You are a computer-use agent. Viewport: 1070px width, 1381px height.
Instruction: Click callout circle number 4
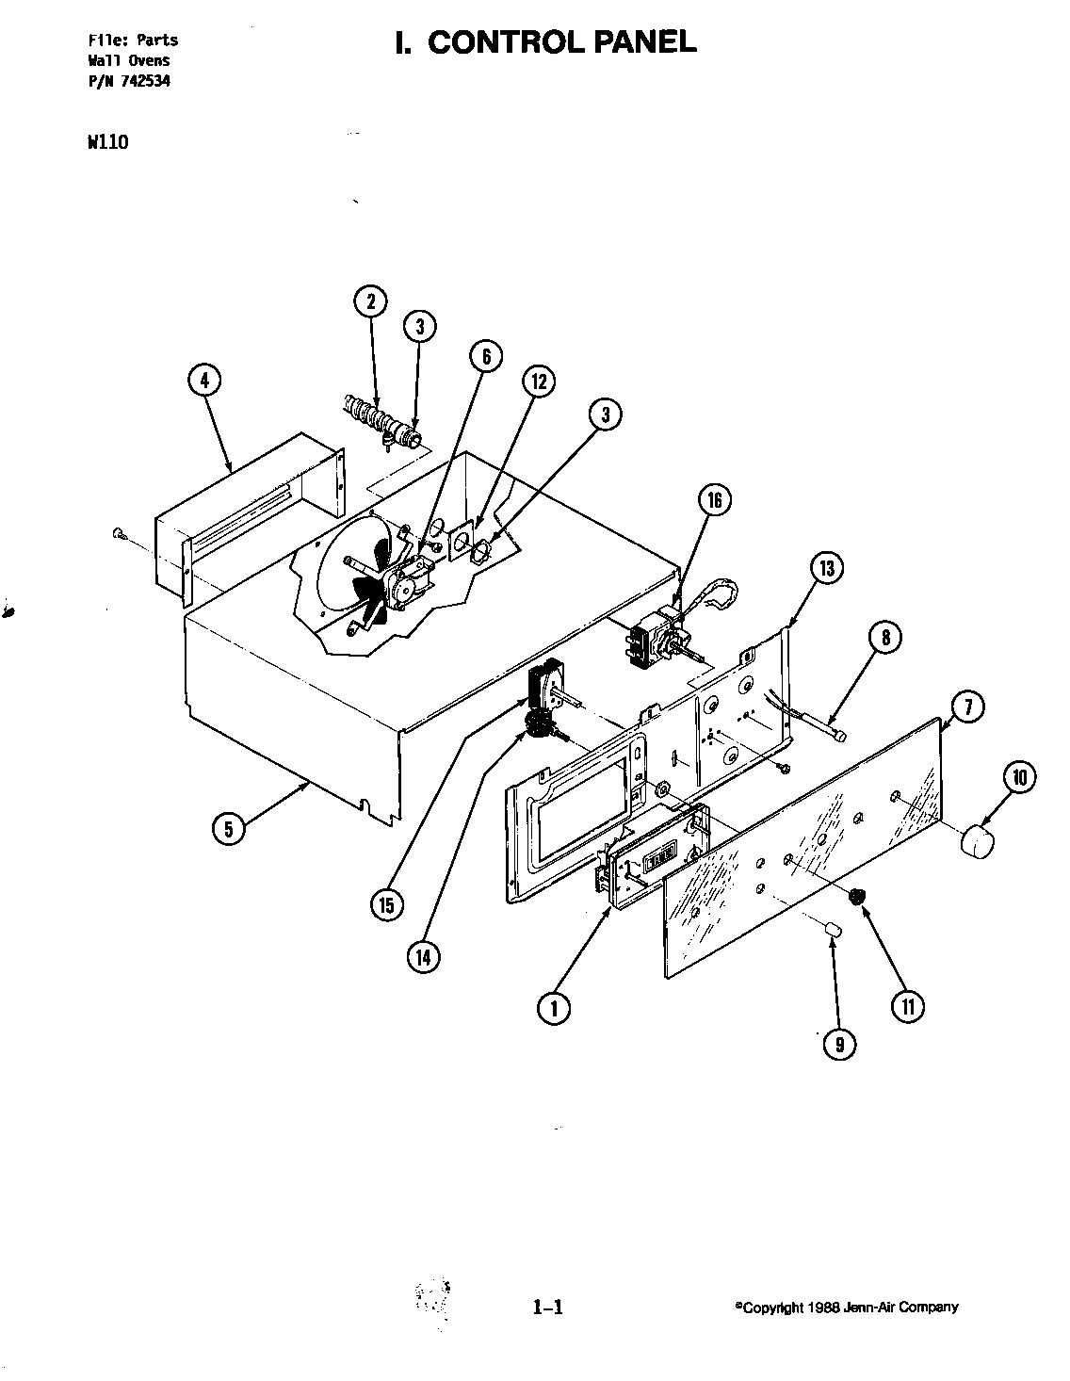(x=204, y=381)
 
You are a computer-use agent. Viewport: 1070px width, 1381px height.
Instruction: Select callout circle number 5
(x=228, y=828)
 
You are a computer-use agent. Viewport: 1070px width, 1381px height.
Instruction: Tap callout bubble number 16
(x=715, y=500)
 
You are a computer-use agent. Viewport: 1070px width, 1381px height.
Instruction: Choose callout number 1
(x=554, y=1009)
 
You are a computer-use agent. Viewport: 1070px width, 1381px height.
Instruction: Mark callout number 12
(x=538, y=382)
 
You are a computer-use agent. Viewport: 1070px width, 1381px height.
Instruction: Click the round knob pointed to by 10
(x=980, y=838)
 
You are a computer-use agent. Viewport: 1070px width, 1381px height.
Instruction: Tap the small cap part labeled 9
(x=833, y=930)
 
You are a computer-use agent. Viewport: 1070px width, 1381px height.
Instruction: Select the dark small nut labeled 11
(x=856, y=897)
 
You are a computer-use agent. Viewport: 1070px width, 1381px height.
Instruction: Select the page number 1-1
(x=546, y=1307)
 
